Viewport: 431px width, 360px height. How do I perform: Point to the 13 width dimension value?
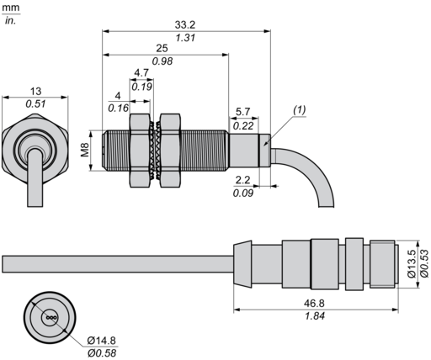(x=35, y=90)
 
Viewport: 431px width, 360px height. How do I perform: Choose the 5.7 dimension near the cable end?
(x=242, y=112)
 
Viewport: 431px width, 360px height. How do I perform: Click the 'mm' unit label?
(x=10, y=7)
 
